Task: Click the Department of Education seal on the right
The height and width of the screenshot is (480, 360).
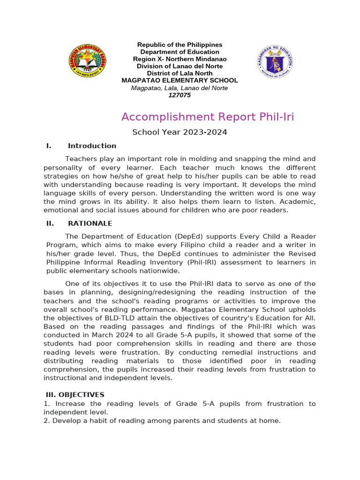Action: (276, 62)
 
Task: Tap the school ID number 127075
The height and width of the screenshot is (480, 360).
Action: (180, 95)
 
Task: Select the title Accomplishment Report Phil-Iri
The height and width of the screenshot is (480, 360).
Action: (208, 117)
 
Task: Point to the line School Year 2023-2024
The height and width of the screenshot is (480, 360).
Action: (180, 132)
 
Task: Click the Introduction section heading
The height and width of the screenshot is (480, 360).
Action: (92, 146)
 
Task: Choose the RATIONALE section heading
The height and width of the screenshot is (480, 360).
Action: (90, 223)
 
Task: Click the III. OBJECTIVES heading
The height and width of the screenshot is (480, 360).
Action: (75, 395)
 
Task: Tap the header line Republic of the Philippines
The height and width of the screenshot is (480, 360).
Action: (180, 45)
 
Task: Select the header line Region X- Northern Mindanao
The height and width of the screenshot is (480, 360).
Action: (180, 59)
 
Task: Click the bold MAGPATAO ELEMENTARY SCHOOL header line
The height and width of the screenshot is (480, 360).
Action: (180, 81)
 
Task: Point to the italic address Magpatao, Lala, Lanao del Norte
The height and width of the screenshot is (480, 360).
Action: (180, 88)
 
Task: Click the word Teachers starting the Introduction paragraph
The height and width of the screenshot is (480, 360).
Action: (81, 159)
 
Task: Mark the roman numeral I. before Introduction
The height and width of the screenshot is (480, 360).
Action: (49, 146)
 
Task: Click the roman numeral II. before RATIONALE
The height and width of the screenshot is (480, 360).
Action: (50, 223)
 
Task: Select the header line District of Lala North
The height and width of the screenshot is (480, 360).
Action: (180, 74)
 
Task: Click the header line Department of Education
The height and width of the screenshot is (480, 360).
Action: (180, 52)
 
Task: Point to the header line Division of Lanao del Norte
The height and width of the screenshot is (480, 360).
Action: (180, 66)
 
